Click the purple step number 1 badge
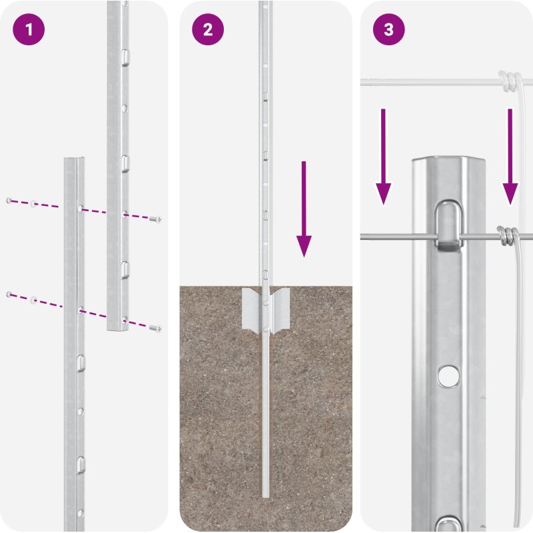point(29,29)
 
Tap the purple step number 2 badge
point(208,29)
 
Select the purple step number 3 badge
point(389,29)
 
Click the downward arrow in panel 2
point(304,209)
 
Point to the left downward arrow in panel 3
point(383,157)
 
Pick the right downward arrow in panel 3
point(510,157)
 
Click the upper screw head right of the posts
point(155,219)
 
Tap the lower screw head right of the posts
point(155,328)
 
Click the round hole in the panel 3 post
point(448,376)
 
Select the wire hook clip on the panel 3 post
point(448,225)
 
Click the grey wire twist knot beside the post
point(508,237)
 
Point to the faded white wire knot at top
point(509,81)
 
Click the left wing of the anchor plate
point(251,308)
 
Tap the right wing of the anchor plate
point(280,308)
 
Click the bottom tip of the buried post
point(265,496)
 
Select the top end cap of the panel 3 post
point(448,161)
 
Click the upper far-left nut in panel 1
point(9,201)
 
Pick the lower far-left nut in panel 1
point(9,294)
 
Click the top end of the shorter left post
point(74,159)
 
